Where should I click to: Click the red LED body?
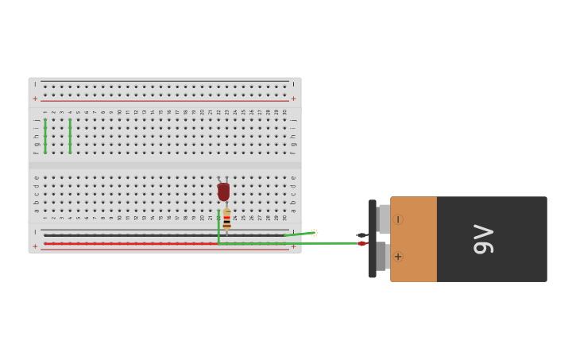click(x=223, y=192)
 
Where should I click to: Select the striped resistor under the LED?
click(x=226, y=219)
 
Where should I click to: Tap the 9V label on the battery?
click(x=483, y=239)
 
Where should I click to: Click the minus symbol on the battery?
click(x=397, y=219)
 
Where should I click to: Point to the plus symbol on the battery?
click(x=397, y=257)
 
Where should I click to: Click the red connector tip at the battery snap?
click(x=361, y=243)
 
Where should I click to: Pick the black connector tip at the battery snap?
click(x=361, y=235)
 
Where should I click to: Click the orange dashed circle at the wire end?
click(x=314, y=233)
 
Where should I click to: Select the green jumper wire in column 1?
click(x=45, y=136)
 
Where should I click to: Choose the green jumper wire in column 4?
click(x=70, y=136)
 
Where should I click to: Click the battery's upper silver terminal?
click(x=385, y=219)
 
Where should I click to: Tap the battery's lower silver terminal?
click(x=381, y=256)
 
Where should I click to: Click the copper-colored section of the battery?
click(x=413, y=239)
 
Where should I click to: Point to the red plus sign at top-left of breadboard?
click(x=35, y=99)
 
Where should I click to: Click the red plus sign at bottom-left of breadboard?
click(x=35, y=246)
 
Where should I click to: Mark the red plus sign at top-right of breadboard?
click(x=293, y=99)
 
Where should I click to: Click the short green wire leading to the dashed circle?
click(x=297, y=234)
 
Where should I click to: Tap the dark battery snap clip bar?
click(x=372, y=238)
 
